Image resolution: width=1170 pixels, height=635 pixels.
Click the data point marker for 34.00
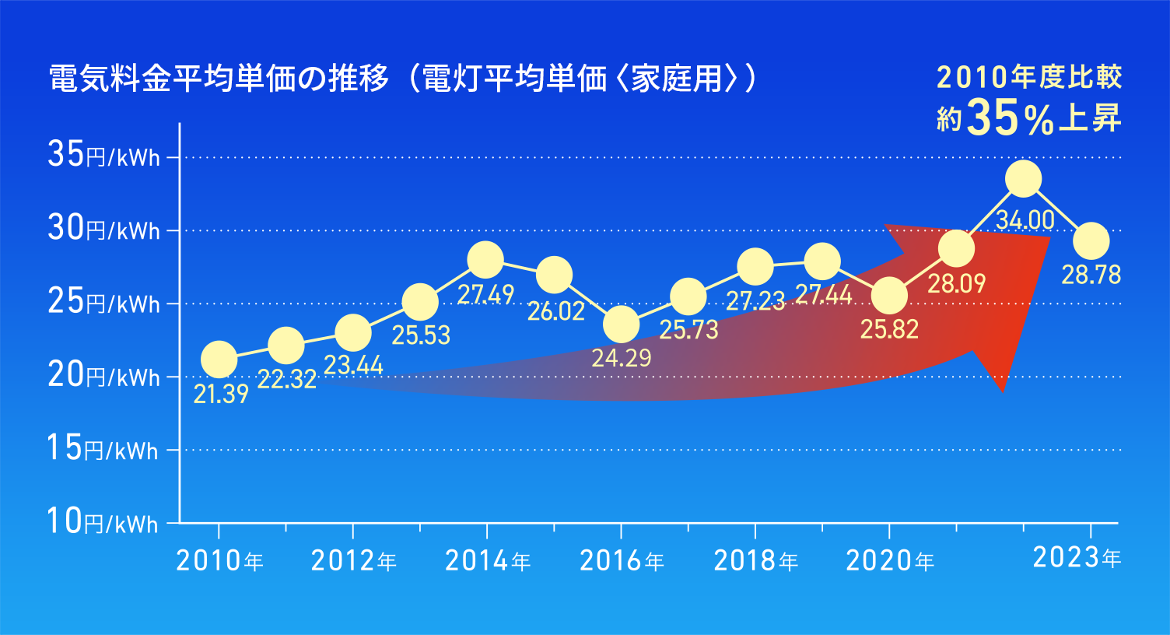coord(1023,180)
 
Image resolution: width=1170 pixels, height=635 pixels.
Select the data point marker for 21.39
coord(219,359)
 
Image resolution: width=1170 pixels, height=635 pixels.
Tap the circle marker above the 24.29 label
coord(621,324)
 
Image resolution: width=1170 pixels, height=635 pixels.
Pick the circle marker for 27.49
coord(485,259)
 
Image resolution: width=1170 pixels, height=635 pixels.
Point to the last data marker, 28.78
coord(1091,241)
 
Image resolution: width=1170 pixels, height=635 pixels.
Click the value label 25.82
coord(889,329)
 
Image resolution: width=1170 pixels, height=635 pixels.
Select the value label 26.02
coord(555,311)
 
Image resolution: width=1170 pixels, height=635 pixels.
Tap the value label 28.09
coord(956,283)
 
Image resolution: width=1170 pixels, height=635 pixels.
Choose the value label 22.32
coord(286,380)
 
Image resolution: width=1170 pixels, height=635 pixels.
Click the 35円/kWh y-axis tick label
coord(103,155)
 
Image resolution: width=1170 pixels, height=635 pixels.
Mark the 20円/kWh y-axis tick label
coord(103,376)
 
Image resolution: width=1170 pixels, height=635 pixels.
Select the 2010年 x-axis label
coord(219,560)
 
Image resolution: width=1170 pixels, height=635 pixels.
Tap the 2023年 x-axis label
coord(1077,557)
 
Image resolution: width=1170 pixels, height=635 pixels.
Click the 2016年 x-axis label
coord(622,560)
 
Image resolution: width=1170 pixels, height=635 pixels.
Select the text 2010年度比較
coord(1028,77)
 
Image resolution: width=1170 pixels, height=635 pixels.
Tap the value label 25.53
coord(421,335)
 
